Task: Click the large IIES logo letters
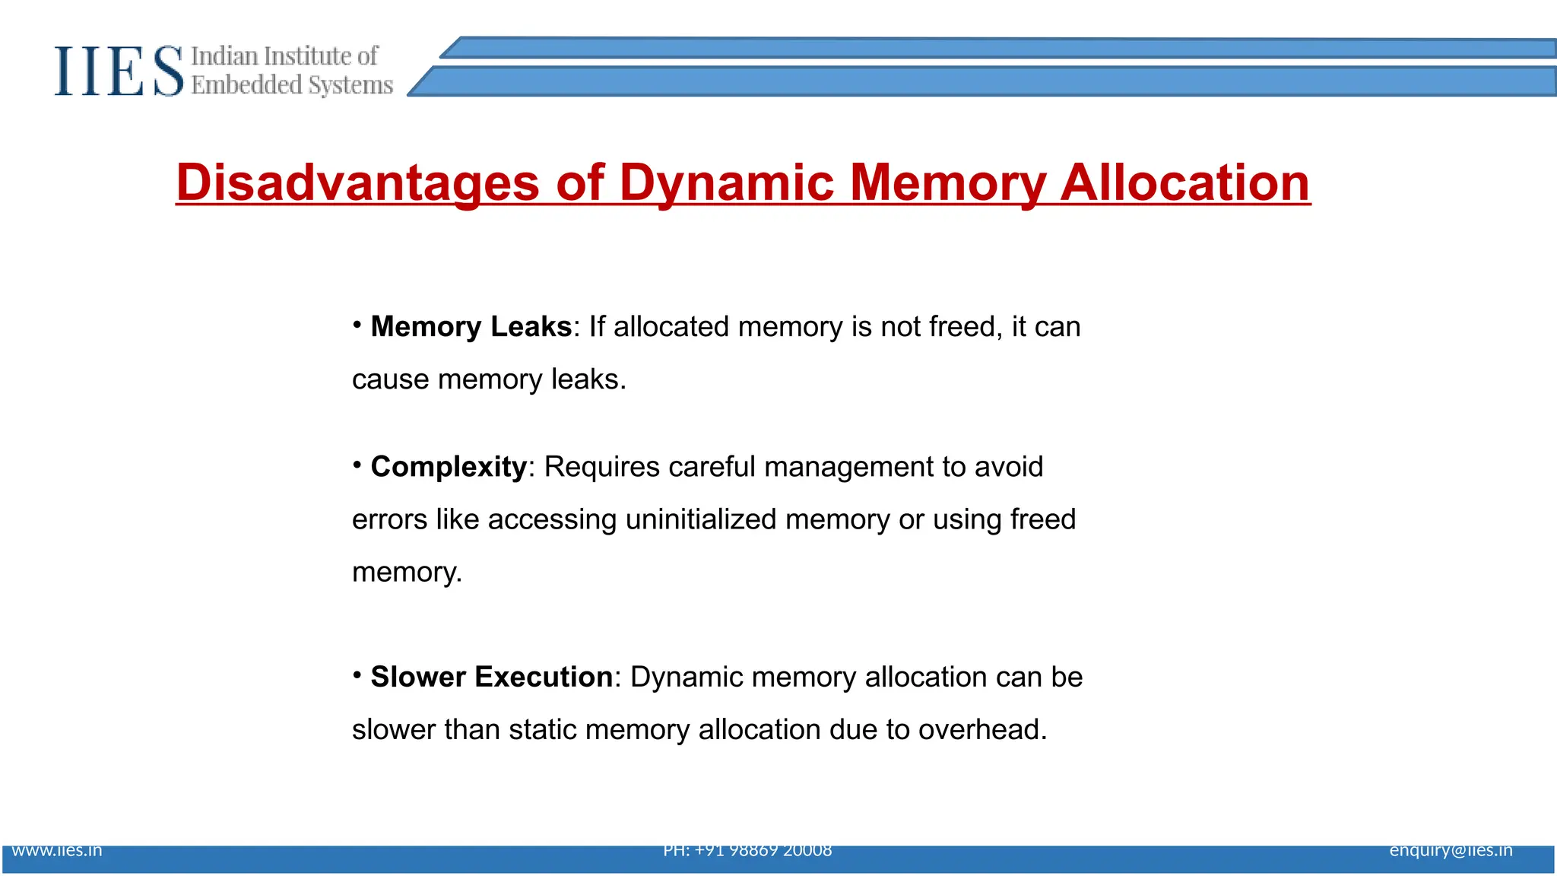[119, 71]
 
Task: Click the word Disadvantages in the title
[357, 183]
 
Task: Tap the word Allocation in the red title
[1184, 183]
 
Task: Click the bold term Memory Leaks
[471, 327]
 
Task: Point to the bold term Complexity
[449, 467]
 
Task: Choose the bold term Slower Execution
[491, 677]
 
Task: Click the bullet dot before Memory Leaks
[357, 325]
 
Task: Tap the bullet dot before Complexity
[357, 465]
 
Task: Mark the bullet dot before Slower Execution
[357, 675]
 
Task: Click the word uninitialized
[701, 520]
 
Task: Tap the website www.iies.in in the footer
[57, 851]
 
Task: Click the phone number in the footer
[747, 851]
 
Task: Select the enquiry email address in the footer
[1451, 851]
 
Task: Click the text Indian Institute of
[284, 56]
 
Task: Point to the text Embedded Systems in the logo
[292, 85]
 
